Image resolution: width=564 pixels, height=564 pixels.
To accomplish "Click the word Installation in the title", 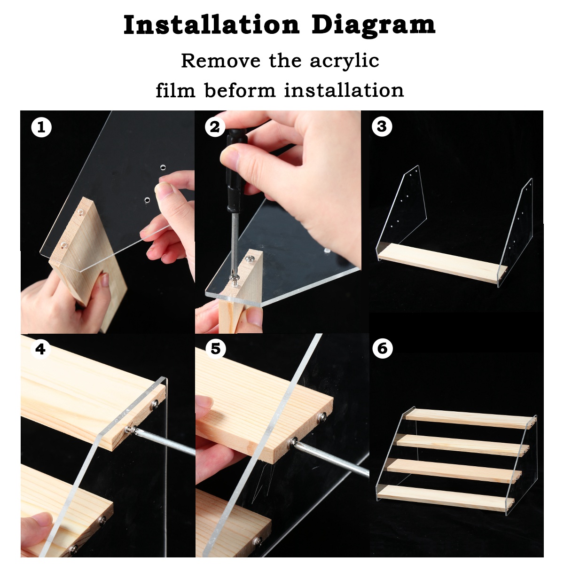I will point(211,24).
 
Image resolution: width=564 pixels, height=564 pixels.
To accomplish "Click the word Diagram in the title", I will point(373,25).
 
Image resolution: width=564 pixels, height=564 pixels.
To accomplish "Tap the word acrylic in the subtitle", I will point(344,61).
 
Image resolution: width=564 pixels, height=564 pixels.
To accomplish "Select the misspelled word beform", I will point(240,90).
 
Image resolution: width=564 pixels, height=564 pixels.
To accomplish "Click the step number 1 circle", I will point(41,127).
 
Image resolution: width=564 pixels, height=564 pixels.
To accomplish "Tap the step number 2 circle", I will point(215,127).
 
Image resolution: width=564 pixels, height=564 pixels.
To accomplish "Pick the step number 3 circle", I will point(382,126).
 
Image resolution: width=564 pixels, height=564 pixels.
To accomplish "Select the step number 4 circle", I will point(40,349).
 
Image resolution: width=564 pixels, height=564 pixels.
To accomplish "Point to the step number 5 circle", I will point(215,349).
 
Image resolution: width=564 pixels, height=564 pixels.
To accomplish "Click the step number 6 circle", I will point(382,348).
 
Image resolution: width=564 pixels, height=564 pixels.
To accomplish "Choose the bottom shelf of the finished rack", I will point(444,498).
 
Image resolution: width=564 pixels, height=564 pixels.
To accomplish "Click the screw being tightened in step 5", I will point(293,441).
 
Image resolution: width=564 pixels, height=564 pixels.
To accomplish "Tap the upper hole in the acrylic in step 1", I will point(164,167).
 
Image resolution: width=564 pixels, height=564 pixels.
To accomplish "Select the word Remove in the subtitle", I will point(220,61).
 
